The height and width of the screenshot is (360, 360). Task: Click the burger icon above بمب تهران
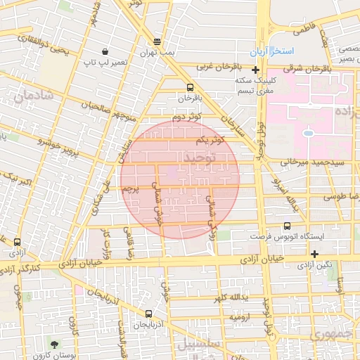coord(156,42)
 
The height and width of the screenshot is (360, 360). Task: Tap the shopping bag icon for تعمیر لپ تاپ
coord(105,51)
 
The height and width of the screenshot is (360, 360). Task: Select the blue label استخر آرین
coord(275,53)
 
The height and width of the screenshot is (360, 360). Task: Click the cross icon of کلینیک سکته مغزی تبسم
coord(255,70)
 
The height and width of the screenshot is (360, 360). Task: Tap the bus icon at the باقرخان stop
coord(190,88)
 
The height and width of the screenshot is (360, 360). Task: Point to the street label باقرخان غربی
coord(219,67)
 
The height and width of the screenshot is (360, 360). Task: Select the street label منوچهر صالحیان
coord(103,108)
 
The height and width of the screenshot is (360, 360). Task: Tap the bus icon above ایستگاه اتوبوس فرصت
coord(287,226)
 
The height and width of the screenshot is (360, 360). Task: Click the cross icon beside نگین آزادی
coord(314,254)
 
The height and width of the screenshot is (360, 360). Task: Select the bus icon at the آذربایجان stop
coord(148,314)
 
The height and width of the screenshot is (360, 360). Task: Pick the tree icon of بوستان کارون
coord(54,344)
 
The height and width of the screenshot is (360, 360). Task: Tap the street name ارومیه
coord(237,318)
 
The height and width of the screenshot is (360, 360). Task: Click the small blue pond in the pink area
coord(308,132)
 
